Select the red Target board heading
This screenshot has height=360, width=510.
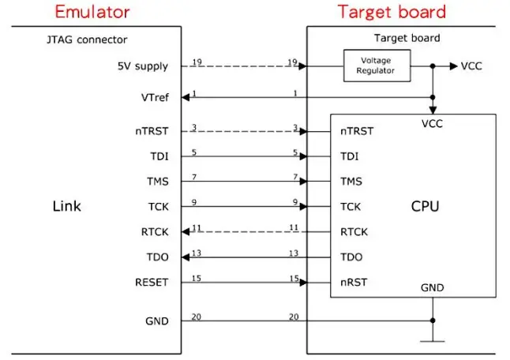coord(392,12)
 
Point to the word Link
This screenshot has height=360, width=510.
coord(66,207)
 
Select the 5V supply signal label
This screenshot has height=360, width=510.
coord(140,66)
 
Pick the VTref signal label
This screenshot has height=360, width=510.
coord(152,97)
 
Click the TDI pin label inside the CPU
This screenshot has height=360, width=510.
coord(349,156)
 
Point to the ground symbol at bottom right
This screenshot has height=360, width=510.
coord(433,340)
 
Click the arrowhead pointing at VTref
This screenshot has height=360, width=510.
coord(186,97)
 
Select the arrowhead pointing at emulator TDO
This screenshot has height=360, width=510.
coord(186,257)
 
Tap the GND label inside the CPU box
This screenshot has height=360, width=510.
coord(433,288)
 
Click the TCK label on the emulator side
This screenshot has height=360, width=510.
coord(155,207)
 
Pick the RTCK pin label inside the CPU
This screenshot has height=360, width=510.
coord(354,232)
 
